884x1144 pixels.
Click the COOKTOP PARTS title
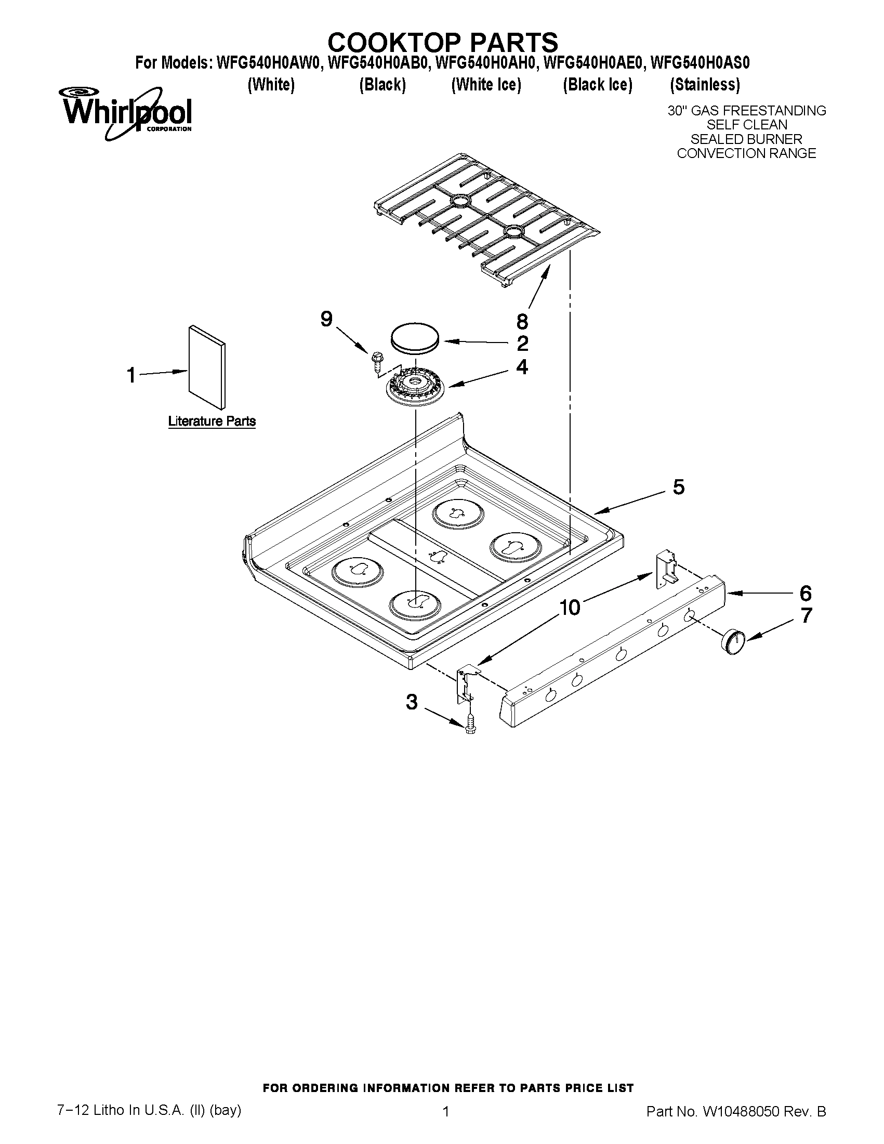(443, 42)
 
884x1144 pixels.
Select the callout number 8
(522, 321)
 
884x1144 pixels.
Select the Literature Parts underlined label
(212, 421)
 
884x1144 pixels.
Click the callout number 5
(678, 487)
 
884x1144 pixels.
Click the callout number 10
(570, 608)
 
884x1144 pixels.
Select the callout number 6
(806, 594)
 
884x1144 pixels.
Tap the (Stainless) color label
(705, 84)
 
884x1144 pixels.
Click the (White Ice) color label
(486, 84)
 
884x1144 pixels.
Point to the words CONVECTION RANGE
(746, 153)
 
